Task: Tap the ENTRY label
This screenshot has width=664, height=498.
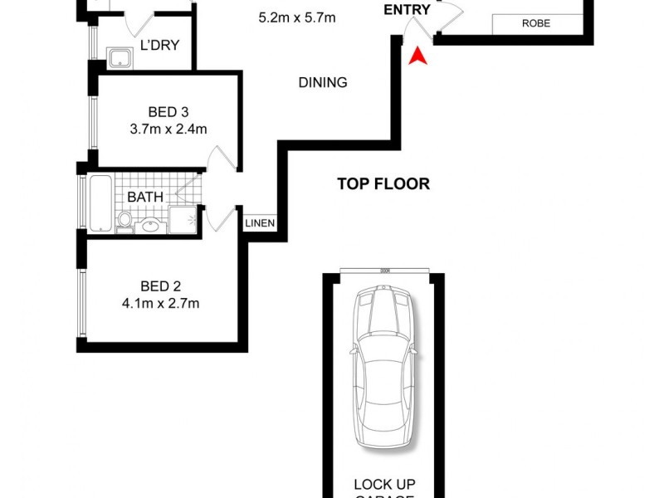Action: [407, 10]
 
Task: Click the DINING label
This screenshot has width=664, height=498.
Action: [322, 83]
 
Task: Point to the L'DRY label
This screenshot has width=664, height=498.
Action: [159, 45]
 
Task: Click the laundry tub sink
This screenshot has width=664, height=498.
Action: [121, 58]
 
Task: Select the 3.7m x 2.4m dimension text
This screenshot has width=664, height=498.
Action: [168, 129]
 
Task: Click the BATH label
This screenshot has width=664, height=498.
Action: [144, 198]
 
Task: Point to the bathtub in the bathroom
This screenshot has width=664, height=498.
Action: [100, 203]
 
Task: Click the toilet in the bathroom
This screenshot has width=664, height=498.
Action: [124, 221]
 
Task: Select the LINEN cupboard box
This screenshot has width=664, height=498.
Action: [259, 223]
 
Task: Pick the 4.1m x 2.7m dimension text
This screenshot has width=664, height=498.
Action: [160, 304]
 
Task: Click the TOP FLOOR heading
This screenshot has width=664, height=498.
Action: [383, 184]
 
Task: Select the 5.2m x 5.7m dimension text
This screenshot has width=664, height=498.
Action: [297, 17]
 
